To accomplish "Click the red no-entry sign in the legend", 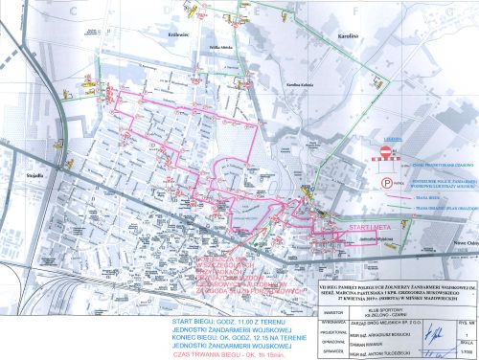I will (x=385, y=152).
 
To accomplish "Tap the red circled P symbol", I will (x=385, y=180).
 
